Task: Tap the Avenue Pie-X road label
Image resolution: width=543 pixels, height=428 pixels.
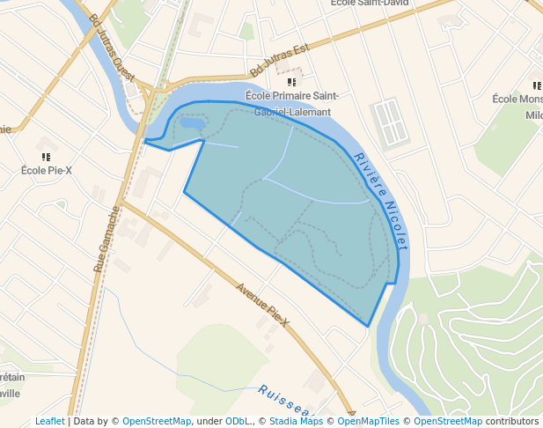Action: (263, 303)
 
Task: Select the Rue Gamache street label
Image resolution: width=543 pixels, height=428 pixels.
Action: (106, 238)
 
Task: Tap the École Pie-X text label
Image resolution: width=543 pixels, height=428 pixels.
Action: (46, 170)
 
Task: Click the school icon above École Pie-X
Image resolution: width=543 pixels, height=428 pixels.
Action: (46, 156)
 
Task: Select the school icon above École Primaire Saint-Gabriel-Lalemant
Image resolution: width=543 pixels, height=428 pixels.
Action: (291, 82)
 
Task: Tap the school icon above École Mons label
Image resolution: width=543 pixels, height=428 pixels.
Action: (536, 85)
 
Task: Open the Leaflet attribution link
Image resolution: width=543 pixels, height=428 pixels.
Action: (49, 421)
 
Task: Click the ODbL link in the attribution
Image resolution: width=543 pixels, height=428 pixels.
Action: (238, 421)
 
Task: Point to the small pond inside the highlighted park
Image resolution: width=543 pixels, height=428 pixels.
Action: (193, 122)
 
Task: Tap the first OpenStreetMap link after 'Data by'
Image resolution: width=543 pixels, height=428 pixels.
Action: (157, 421)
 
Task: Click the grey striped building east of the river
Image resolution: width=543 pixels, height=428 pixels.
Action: (391, 122)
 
